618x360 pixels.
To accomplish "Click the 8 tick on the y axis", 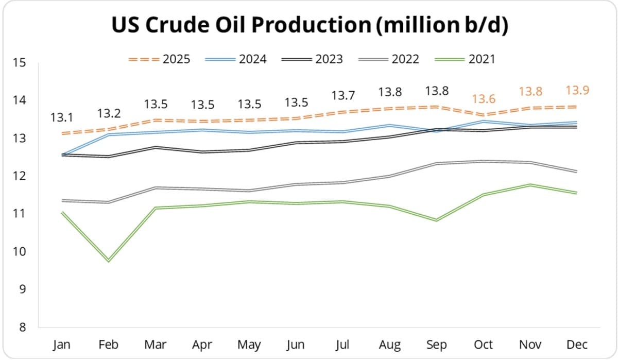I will (23, 327).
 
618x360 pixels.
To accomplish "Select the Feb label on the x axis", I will (109, 345).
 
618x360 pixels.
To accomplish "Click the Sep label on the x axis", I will (436, 345).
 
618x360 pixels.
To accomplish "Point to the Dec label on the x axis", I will (577, 345).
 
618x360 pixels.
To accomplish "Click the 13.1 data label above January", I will (62, 117).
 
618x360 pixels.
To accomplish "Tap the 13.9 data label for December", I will (577, 91).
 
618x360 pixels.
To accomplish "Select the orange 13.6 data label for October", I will (484, 99).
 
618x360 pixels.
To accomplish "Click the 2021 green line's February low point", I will (109, 261).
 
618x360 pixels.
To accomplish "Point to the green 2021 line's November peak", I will (530, 185).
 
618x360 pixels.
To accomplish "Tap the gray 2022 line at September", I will (436, 164).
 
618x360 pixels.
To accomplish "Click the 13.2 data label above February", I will (109, 113).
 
